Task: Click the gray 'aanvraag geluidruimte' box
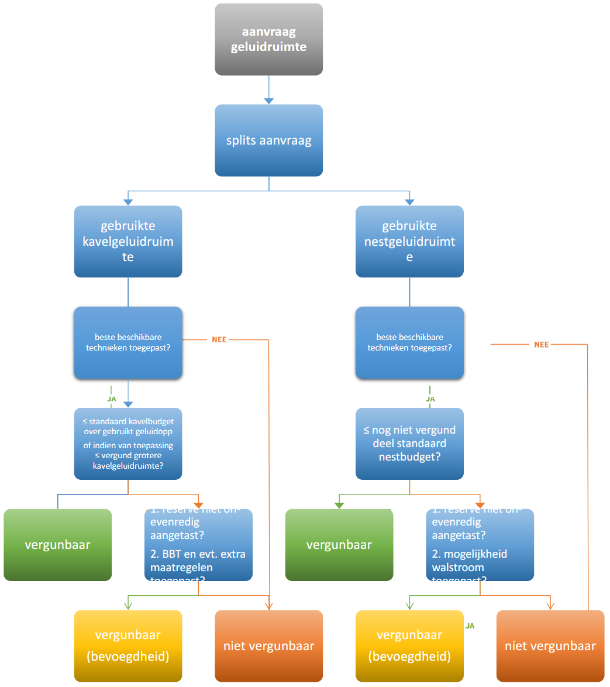[268, 39]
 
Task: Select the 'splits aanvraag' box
[268, 140]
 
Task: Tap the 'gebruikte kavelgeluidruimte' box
[128, 241]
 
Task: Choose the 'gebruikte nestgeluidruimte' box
[409, 241]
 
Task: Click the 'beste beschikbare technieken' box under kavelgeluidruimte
[128, 342]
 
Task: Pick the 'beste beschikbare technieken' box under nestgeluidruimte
[409, 342]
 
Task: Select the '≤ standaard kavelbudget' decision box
[128, 444]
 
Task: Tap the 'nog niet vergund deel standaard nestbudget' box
[409, 444]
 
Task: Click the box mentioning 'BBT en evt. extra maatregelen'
[198, 545]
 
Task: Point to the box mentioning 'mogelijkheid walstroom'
[480, 545]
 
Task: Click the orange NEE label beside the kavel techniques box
[219, 339]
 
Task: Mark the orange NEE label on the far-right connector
[542, 345]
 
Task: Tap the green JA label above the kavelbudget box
[112, 399]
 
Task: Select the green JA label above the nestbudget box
[430, 399]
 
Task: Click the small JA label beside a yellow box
[470, 626]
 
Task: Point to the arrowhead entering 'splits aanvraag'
[268, 101]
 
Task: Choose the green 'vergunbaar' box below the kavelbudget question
[58, 545]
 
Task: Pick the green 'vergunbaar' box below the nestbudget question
[339, 545]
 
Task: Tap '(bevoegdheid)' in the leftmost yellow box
[128, 657]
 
